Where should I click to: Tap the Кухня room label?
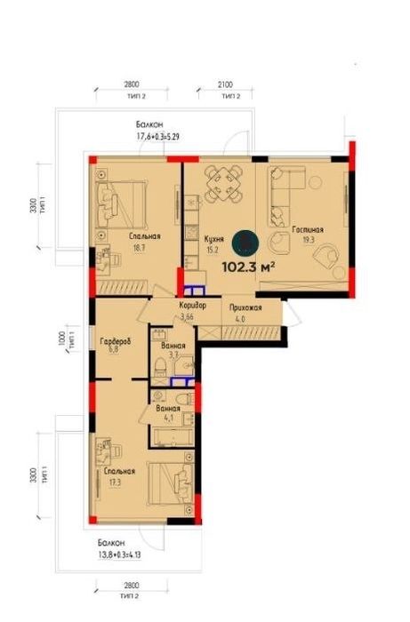(x=213, y=239)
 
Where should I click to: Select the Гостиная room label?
(x=307, y=229)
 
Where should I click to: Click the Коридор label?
(x=192, y=305)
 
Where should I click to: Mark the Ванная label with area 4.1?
(x=169, y=410)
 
